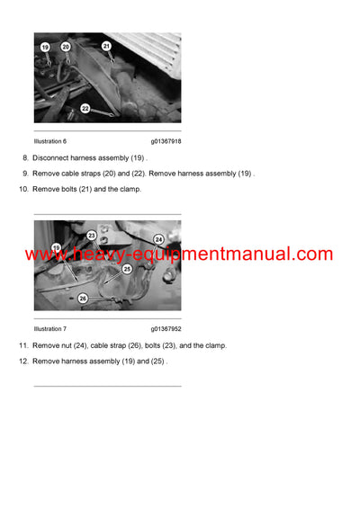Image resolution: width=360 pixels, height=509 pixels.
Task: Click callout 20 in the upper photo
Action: click(x=66, y=46)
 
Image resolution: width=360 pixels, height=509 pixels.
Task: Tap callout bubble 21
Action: click(x=106, y=45)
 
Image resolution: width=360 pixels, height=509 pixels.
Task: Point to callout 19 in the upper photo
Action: click(x=45, y=47)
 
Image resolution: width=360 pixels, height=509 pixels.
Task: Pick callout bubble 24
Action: click(x=158, y=239)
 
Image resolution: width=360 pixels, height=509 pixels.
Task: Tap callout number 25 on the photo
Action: click(x=127, y=268)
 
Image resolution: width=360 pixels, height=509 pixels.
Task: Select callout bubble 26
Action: click(x=82, y=298)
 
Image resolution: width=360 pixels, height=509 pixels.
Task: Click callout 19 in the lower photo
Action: click(x=57, y=247)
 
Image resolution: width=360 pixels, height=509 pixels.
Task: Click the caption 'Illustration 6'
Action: click(x=50, y=141)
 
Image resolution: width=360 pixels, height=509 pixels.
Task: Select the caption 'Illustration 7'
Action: click(x=50, y=329)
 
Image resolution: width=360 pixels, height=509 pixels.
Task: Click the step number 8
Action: click(x=24, y=157)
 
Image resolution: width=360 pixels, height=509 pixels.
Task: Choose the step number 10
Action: click(x=22, y=189)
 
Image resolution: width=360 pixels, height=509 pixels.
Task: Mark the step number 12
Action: click(x=22, y=361)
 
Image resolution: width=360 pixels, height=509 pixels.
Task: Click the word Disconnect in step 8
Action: click(x=52, y=157)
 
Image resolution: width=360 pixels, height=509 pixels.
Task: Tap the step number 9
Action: click(x=24, y=173)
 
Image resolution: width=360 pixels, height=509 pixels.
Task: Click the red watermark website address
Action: click(x=179, y=254)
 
